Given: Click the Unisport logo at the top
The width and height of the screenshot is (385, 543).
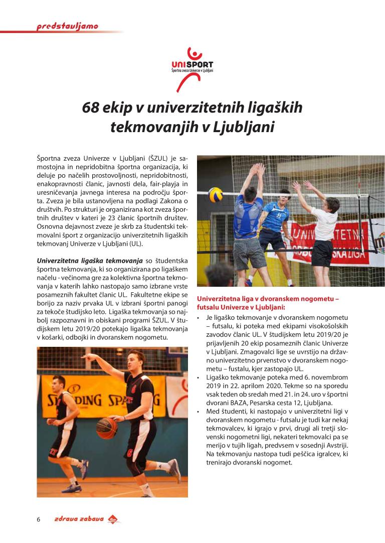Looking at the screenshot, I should [x=192, y=68].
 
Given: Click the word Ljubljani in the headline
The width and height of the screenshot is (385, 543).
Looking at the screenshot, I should [x=244, y=127].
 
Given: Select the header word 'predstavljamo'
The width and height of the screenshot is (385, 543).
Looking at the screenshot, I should [x=67, y=27].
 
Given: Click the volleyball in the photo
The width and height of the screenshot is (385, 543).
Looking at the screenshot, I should [x=216, y=194].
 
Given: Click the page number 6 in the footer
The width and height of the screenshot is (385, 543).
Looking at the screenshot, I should [x=38, y=519].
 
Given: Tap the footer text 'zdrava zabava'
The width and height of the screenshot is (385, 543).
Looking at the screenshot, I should [x=79, y=519].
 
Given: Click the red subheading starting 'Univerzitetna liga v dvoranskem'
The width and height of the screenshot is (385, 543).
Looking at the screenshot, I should [x=268, y=303].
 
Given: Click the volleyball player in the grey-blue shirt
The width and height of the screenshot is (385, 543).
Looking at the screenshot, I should [x=249, y=220].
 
